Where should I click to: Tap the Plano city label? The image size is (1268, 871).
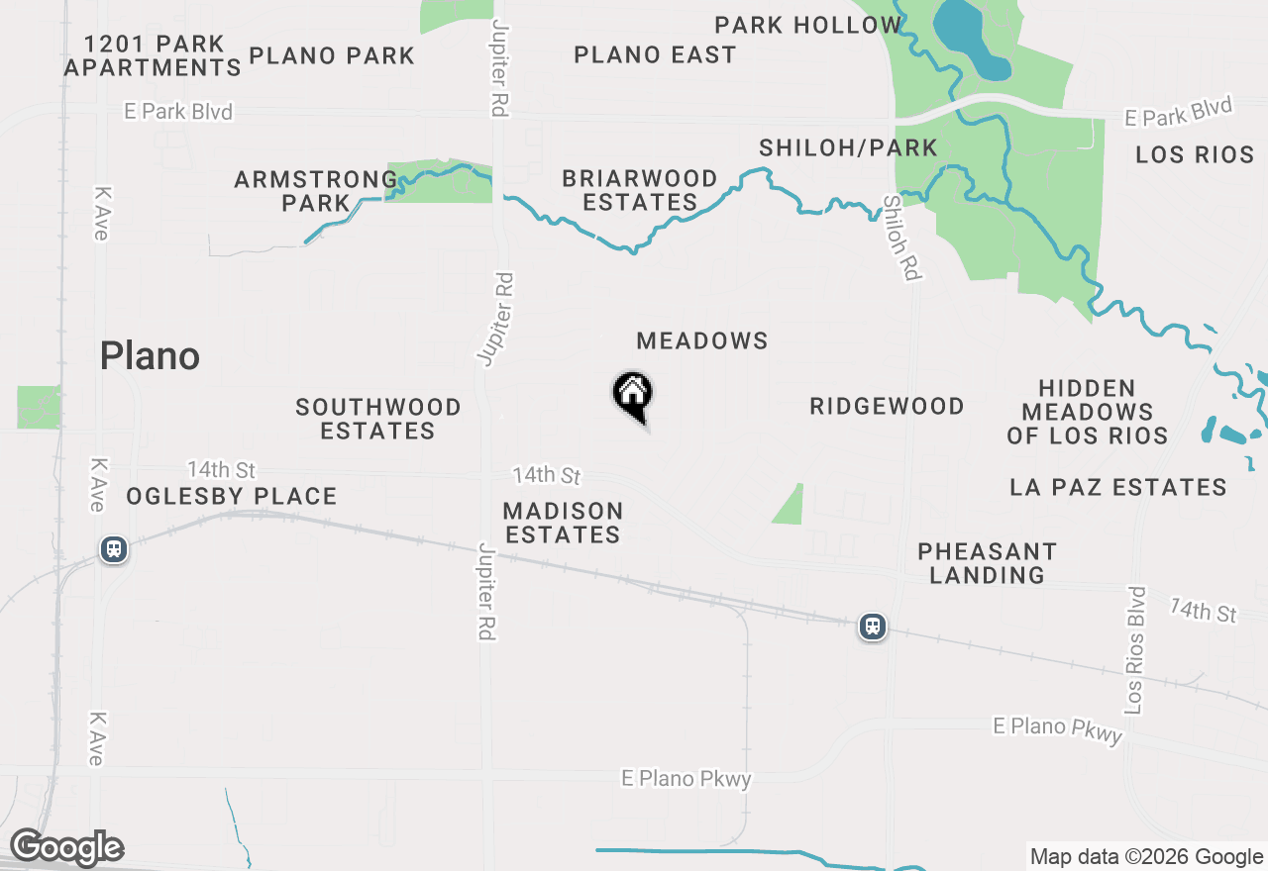tap(150, 356)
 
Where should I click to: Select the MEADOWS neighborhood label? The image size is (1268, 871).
tap(702, 341)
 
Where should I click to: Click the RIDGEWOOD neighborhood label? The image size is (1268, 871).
tap(887, 407)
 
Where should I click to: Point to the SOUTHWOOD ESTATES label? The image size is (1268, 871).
tap(378, 420)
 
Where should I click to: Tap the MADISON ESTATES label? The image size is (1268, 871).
tap(563, 524)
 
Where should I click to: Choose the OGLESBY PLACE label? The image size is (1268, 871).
tap(232, 497)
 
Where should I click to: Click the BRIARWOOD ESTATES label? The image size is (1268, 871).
tap(640, 190)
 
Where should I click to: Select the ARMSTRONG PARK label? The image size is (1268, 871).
tap(315, 191)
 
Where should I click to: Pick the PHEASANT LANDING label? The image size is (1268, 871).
tap(987, 563)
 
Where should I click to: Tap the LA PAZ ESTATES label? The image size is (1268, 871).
tap(1118, 488)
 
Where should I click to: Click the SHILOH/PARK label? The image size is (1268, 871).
tap(848, 148)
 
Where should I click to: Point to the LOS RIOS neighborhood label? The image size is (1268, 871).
tap(1195, 155)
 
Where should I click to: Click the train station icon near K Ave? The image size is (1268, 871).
tap(114, 549)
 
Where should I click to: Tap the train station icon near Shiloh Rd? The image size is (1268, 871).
tap(872, 627)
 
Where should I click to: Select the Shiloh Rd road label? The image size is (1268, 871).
tap(900, 237)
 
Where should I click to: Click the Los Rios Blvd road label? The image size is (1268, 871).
tap(1135, 650)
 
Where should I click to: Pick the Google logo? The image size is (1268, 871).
tap(66, 848)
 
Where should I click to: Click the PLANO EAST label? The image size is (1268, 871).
tap(655, 55)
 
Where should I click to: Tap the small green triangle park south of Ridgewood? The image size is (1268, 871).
tap(791, 508)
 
